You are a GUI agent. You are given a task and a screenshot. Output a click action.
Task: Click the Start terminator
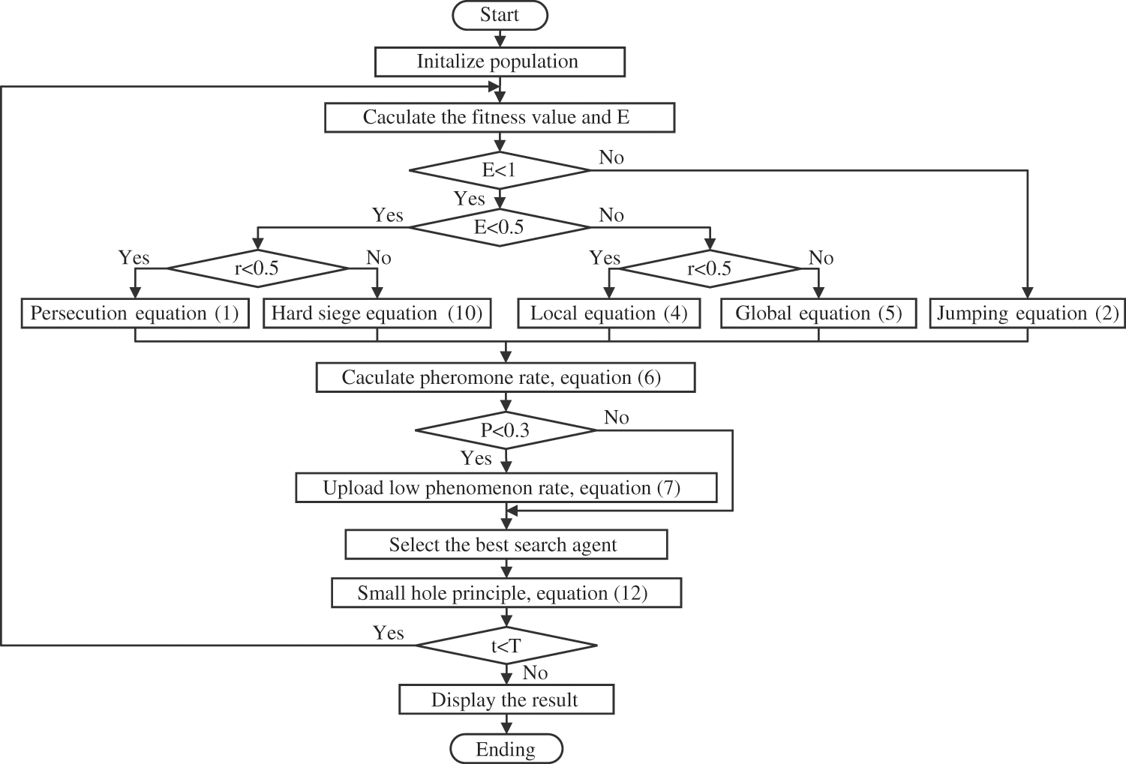(500, 15)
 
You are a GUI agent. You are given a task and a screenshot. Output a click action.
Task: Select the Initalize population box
(500, 61)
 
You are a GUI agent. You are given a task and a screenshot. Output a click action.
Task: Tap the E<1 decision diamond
(500, 171)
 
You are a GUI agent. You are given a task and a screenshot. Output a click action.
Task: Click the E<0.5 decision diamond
(500, 227)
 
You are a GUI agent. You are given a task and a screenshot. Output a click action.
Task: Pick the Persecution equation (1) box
(135, 313)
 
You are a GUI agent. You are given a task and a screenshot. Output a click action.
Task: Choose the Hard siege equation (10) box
(377, 313)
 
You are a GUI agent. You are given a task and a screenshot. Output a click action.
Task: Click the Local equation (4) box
(609, 313)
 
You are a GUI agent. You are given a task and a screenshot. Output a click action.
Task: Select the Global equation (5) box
(818, 313)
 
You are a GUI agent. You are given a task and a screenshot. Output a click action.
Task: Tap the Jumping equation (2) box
(1028, 313)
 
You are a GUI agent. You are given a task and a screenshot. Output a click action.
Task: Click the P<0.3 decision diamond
(506, 430)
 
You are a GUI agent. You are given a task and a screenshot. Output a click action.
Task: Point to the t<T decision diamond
(506, 646)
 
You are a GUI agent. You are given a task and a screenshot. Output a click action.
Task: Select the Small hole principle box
(506, 593)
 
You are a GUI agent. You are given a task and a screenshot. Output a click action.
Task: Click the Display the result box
(506, 700)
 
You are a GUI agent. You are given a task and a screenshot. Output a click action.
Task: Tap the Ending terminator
(506, 749)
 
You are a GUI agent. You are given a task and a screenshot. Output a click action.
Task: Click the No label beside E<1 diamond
(611, 157)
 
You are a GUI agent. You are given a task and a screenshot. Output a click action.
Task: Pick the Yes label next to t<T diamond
(389, 633)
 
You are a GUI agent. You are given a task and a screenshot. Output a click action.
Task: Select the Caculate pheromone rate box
(506, 377)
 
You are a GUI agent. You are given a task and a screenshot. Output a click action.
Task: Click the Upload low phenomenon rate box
(506, 488)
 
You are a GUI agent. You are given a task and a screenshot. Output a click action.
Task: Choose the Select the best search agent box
(506, 545)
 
